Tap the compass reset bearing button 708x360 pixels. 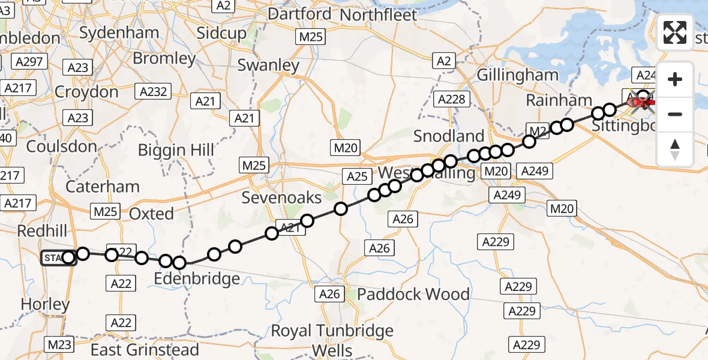[x=675, y=149]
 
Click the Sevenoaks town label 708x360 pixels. [x=281, y=197]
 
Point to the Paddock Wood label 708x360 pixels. [x=413, y=294]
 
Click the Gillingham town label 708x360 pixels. [x=518, y=75]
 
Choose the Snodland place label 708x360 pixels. [x=448, y=136]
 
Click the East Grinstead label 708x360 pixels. [x=145, y=349]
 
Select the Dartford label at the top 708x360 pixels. [x=299, y=14]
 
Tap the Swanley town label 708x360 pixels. [x=268, y=65]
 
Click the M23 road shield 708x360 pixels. [x=59, y=344]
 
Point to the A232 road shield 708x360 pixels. [x=153, y=92]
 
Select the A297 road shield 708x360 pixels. [x=28, y=62]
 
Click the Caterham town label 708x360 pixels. [x=102, y=187]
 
